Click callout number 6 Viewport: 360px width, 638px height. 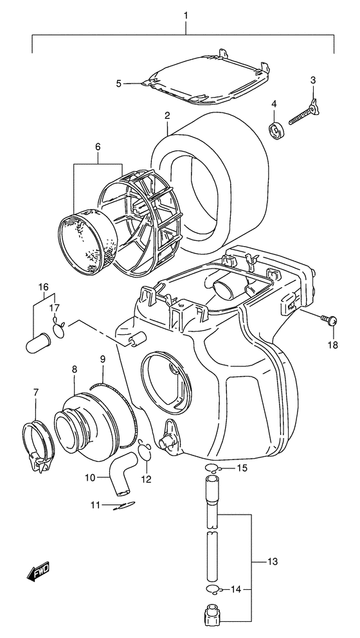[98, 147]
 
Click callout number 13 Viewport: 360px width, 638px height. [273, 563]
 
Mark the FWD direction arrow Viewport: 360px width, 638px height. [39, 570]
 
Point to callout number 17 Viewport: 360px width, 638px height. [55, 307]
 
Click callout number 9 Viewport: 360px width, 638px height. [102, 359]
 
